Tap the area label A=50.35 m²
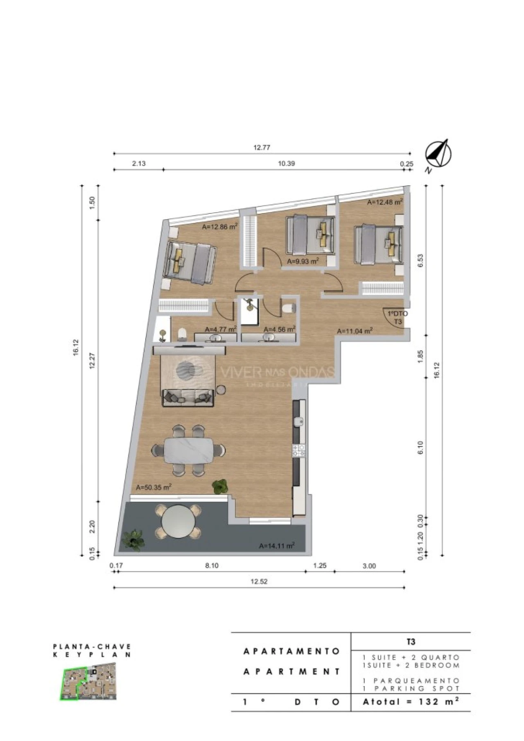click(154, 487)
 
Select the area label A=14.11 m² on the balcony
click(277, 546)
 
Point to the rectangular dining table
click(189, 451)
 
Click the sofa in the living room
click(188, 397)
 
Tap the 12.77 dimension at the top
click(262, 148)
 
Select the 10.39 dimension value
click(286, 164)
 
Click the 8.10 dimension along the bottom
click(212, 566)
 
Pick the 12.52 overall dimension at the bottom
click(259, 582)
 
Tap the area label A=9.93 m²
click(303, 261)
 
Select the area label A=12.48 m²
click(385, 202)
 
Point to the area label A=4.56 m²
click(280, 329)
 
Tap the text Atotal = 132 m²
click(411, 702)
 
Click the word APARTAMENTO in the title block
click(291, 651)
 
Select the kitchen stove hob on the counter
click(299, 451)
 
